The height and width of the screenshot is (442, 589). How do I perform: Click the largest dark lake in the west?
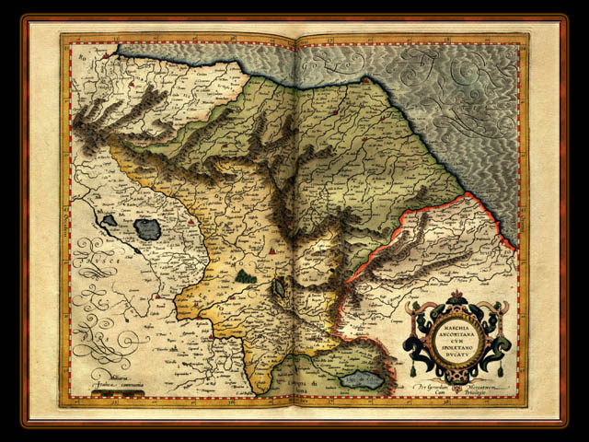(x=146, y=227)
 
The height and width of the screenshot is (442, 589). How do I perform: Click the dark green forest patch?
(x=243, y=273)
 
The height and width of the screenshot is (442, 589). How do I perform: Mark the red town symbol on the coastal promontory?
(x=364, y=82)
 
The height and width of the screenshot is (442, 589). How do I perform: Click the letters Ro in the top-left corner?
(x=81, y=58)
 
